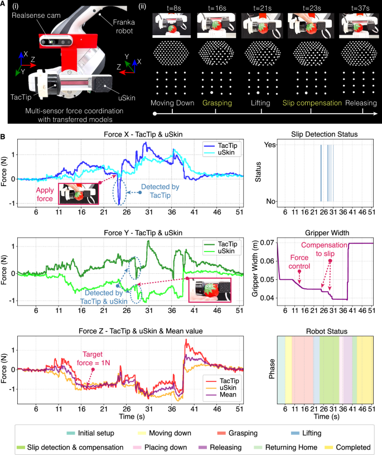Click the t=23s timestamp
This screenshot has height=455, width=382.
(303, 9)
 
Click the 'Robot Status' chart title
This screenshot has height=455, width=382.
(325, 331)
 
